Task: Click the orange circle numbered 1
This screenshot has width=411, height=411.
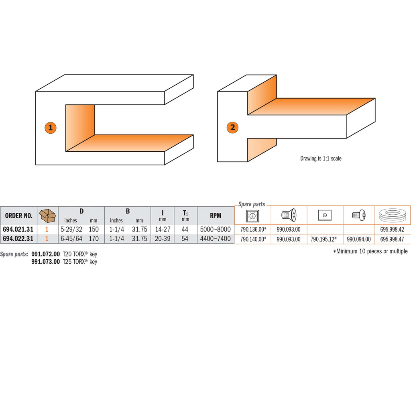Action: tap(51, 128)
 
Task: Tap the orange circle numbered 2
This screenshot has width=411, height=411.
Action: tap(232, 128)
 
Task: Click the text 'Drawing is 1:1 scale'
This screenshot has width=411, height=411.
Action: tap(321, 158)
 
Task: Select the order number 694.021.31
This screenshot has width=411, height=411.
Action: tap(18, 229)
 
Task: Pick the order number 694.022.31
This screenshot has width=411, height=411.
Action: tap(18, 238)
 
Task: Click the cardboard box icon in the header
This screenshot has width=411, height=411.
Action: tap(47, 216)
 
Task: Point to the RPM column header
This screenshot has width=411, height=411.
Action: tap(216, 216)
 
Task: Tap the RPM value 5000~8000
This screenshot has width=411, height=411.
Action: tap(216, 229)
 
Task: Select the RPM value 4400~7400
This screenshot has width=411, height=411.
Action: tap(216, 238)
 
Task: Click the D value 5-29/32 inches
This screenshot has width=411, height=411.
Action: tap(71, 229)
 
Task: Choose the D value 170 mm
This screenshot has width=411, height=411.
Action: tap(94, 238)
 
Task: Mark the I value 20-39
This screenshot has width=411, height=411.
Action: tap(163, 238)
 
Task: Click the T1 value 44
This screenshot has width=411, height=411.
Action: tap(185, 229)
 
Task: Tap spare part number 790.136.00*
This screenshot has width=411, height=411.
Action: tap(253, 229)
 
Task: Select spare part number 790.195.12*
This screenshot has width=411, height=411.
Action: tap(324, 239)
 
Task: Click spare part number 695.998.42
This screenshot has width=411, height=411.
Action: tap(392, 229)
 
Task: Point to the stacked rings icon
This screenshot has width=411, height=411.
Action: tap(393, 216)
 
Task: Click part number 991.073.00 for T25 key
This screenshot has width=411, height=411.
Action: tap(46, 262)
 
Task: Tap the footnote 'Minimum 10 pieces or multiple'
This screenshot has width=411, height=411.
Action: tap(370, 251)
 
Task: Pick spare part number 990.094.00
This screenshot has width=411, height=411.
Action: tap(359, 239)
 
